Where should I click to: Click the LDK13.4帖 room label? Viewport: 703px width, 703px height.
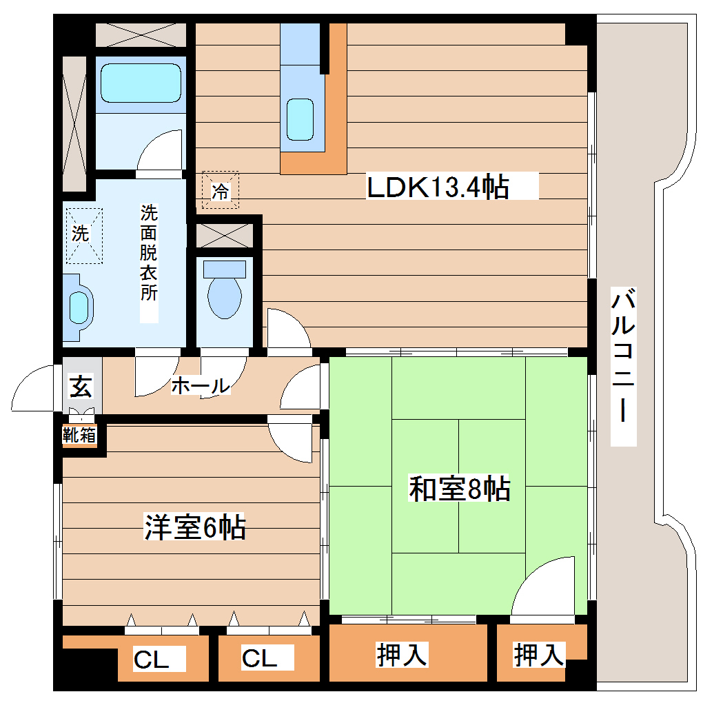438,187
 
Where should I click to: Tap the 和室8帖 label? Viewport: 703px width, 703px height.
459,489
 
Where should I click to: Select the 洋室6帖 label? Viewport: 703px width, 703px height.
194,527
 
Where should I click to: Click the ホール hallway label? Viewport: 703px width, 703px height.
200,386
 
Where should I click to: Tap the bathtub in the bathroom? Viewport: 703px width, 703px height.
141,83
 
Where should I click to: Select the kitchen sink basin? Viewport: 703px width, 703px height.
300,119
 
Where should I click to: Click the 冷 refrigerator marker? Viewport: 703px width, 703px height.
220,190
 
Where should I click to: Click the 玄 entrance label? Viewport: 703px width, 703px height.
81,387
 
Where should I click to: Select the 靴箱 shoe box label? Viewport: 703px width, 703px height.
80,435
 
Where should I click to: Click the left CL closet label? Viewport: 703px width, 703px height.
151,660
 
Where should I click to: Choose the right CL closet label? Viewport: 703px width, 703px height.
259,658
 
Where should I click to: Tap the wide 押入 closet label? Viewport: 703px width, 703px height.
403,655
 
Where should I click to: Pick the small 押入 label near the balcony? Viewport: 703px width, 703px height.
540,655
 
